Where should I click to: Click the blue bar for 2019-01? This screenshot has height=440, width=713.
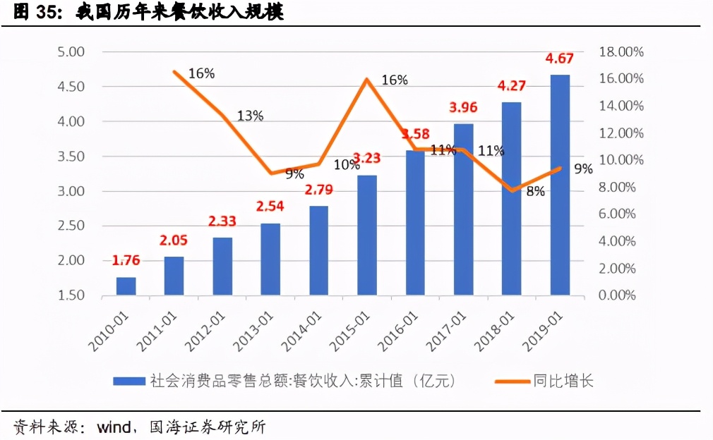pyautogui.click(x=560, y=185)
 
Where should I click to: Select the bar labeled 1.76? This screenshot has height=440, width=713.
pyautogui.click(x=126, y=286)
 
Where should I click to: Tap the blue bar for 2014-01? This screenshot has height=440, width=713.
pyautogui.click(x=318, y=250)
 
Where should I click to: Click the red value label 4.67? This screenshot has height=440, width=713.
pyautogui.click(x=560, y=59)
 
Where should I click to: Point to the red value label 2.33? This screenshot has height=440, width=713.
pyautogui.click(x=222, y=221)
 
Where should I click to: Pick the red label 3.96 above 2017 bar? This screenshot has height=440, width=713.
pyautogui.click(x=464, y=108)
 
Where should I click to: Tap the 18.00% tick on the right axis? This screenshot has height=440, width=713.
pyautogui.click(x=621, y=51)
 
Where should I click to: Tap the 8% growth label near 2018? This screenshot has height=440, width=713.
pyautogui.click(x=535, y=191)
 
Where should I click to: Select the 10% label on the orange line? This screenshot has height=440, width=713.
pyautogui.click(x=347, y=165)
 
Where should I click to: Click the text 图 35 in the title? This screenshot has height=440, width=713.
pyautogui.click(x=32, y=13)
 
